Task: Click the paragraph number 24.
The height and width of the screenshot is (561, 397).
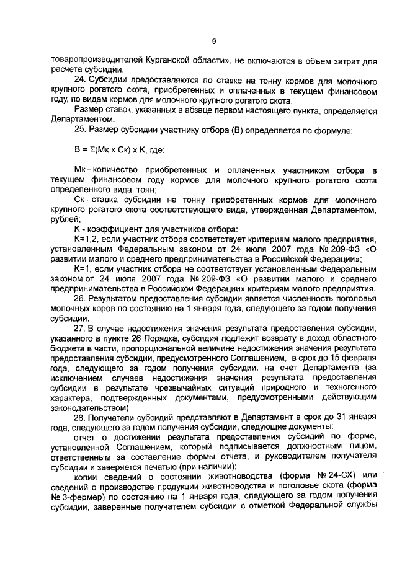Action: pos(79,82)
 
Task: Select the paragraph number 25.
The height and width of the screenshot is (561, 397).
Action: pos(79,130)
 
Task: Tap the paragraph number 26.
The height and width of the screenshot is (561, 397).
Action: pos(79,298)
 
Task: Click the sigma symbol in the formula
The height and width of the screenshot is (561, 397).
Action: pos(90,149)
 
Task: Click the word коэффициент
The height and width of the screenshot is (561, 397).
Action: pos(112,230)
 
